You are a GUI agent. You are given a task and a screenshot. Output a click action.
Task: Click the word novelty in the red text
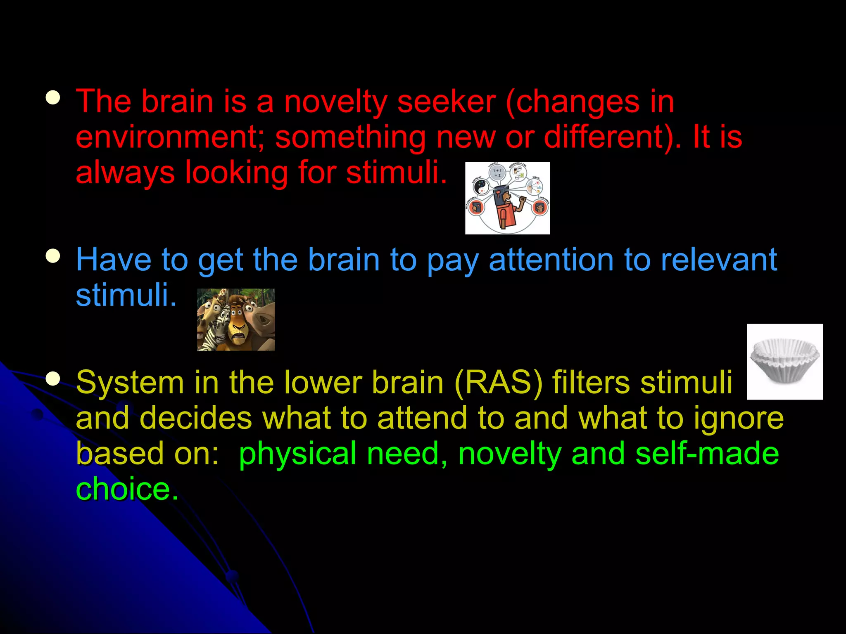(335, 102)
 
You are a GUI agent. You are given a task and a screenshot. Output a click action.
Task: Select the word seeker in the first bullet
(446, 102)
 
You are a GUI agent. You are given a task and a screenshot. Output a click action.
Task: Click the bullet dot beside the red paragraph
(53, 99)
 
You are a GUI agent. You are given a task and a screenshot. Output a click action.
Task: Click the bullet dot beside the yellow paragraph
(53, 379)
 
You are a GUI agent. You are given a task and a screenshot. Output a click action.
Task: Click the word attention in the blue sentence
(551, 260)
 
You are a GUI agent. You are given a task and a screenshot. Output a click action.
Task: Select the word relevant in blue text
(718, 260)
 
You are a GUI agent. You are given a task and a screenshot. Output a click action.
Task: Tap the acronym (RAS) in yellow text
(498, 383)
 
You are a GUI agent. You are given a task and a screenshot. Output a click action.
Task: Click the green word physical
(297, 454)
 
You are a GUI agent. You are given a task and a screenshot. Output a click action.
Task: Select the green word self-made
(707, 453)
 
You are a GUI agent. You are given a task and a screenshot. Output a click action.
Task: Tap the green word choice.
(126, 489)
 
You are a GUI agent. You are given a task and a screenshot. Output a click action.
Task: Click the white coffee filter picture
(784, 362)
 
